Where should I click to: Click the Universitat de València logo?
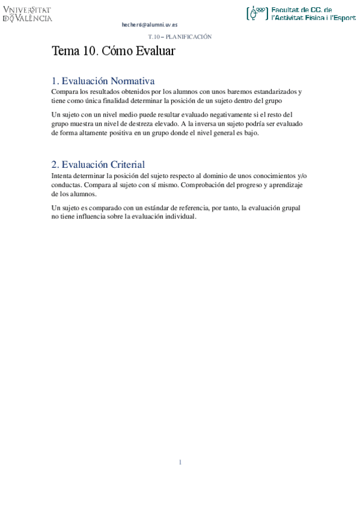(28, 14)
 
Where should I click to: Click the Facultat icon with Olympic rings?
(258, 13)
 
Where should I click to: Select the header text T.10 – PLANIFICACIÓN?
(180, 37)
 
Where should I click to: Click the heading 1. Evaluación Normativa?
(103, 81)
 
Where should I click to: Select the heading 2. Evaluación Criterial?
(98, 164)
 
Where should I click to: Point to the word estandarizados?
(276, 91)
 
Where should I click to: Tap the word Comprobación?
(206, 185)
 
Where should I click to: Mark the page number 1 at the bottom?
(180, 462)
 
